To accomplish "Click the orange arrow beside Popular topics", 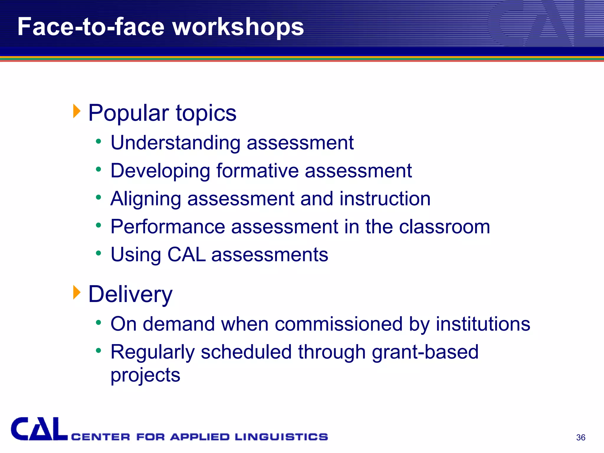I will coord(77,111).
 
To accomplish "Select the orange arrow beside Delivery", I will coord(77,292).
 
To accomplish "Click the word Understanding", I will coord(175,143).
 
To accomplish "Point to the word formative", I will coord(257,171).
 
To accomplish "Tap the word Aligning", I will coord(146,199).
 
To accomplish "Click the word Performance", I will coord(168,227).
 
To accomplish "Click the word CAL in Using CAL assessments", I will coord(186,255).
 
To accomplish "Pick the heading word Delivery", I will coord(130,294).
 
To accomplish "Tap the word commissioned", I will coord(339,324).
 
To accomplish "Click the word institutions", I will coord(483,324).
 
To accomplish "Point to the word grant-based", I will coord(425,352).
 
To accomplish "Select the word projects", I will coord(145,375).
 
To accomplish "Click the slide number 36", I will coord(580,437).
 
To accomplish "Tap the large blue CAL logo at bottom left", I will coord(39,429).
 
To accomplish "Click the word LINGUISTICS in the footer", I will coord(281,437).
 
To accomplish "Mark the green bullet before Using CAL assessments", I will coord(99,253).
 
